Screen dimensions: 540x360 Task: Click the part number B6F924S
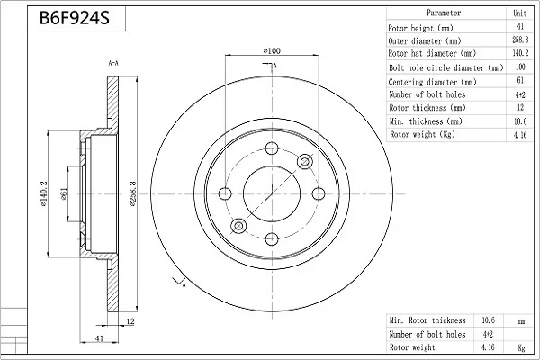(75, 18)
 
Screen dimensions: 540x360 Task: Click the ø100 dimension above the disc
(272, 50)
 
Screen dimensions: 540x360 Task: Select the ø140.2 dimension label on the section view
(44, 194)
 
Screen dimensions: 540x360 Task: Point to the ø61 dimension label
(64, 193)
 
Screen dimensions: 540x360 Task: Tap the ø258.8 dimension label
(133, 193)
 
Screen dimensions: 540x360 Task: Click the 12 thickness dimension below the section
(130, 321)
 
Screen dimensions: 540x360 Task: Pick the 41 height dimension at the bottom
(99, 338)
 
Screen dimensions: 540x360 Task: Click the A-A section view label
(113, 63)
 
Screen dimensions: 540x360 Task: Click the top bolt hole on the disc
(272, 148)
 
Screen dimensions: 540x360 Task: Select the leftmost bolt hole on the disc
(225, 193)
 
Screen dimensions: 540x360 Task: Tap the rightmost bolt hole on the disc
(319, 193)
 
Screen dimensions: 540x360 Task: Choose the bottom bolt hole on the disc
(272, 238)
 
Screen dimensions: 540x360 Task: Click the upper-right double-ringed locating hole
(305, 161)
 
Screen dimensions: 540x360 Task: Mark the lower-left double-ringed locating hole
(238, 226)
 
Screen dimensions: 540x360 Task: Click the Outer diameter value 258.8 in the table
(520, 40)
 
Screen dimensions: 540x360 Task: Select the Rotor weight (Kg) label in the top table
(423, 134)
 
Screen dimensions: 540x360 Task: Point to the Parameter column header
(444, 13)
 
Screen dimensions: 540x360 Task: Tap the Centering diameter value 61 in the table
(520, 80)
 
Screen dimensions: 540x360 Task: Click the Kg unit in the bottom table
(521, 347)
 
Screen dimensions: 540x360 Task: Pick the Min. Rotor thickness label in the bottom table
(427, 320)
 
